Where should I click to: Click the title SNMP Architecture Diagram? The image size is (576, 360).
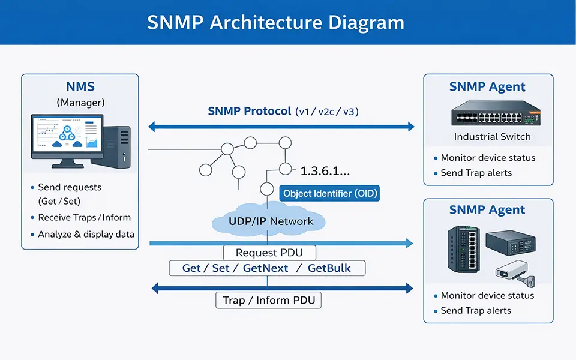coord(276,22)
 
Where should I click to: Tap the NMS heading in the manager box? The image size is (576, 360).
coord(80,87)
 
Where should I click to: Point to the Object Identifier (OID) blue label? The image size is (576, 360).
coord(330,193)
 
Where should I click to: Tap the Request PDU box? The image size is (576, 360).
coord(269,253)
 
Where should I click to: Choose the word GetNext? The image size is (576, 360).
coord(265,268)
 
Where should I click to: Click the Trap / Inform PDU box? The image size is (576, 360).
coord(268,300)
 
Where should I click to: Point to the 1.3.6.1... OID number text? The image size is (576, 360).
coord(325,171)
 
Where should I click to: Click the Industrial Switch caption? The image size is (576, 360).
coord(492,136)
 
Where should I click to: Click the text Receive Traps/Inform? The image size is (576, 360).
coord(84,218)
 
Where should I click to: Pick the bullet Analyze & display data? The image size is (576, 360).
coord(86,234)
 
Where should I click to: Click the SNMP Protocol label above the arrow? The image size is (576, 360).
coord(250,111)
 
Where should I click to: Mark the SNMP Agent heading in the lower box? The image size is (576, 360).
coord(487,210)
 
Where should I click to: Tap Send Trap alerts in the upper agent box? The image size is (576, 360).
coord(476,173)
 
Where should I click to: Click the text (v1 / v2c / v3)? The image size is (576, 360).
coord(327,111)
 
